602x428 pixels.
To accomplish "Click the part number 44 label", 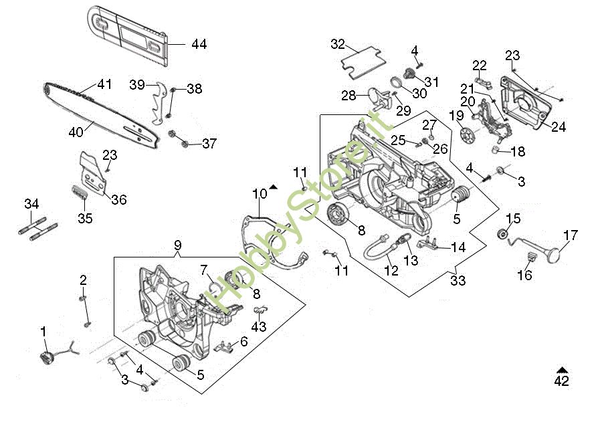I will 199,44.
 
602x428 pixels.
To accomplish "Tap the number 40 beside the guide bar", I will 76,132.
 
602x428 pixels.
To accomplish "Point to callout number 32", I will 338,44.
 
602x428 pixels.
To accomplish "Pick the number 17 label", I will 570,235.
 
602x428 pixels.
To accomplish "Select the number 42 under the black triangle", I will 562,382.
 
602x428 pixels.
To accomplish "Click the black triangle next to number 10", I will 273,187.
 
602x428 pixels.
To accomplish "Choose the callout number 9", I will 177,245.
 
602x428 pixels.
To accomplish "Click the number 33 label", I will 458,281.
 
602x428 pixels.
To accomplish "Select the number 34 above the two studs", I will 31,203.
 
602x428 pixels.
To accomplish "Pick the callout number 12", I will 391,271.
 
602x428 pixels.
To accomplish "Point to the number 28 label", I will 348,96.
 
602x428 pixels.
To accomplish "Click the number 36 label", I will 119,199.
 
